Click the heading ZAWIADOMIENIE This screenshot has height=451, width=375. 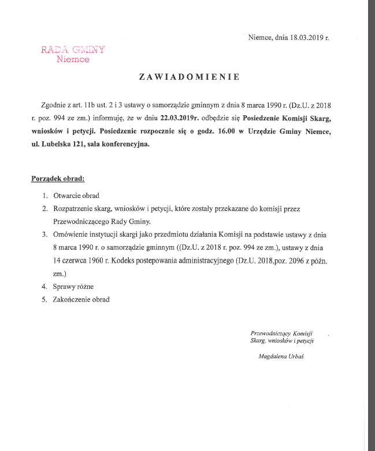[x=188, y=76]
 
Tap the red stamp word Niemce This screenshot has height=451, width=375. [x=73, y=59]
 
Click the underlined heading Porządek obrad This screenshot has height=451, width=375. [x=58, y=179]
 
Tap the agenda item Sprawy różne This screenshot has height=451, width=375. [x=73, y=287]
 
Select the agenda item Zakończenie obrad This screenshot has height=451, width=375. [x=81, y=300]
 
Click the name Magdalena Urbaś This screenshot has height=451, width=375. [x=281, y=357]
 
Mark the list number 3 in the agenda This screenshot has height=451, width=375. [x=45, y=234]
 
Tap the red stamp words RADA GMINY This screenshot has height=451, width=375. [x=73, y=49]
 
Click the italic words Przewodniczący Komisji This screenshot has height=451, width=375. [x=282, y=333]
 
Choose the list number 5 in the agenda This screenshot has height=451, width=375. [x=45, y=300]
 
